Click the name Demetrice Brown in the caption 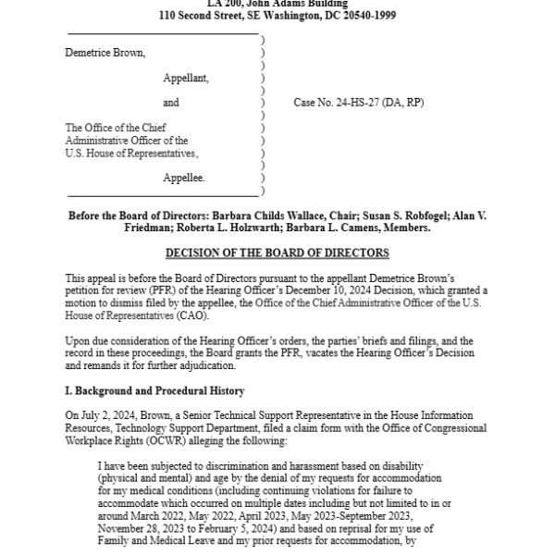click(105, 53)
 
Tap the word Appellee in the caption click(184, 177)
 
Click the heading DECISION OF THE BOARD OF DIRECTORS click(277, 253)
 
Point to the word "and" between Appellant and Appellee click(171, 103)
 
